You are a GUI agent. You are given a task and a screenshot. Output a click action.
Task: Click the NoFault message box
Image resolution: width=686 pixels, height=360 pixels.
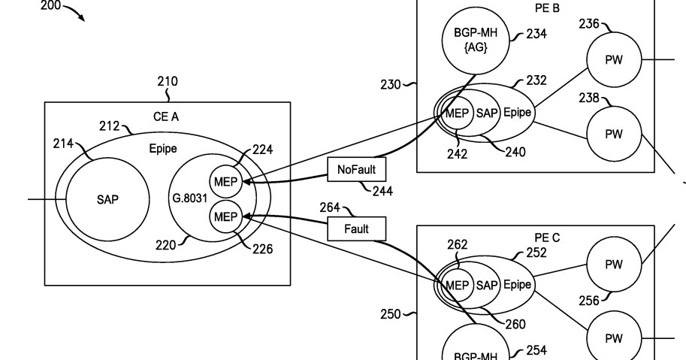point(350,170)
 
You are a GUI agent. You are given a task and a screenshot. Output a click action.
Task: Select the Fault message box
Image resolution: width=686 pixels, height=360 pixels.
point(356,228)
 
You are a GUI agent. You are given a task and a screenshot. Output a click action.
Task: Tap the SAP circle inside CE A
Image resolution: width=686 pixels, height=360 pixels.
point(107,200)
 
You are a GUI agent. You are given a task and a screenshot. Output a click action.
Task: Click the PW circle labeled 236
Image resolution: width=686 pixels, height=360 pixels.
point(614,59)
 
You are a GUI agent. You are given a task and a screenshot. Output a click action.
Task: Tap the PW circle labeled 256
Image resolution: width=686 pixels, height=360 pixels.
point(614,265)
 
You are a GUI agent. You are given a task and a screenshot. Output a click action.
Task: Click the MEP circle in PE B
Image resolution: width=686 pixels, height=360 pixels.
point(457,113)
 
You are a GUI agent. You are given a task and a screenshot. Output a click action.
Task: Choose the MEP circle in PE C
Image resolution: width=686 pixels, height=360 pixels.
point(457,286)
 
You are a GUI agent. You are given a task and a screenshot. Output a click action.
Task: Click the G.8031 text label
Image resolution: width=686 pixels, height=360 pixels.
point(188,199)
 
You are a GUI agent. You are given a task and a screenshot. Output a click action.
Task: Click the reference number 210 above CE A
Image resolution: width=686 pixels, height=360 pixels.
point(168,81)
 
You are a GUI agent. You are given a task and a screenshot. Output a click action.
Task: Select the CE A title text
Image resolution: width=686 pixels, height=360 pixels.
point(166,116)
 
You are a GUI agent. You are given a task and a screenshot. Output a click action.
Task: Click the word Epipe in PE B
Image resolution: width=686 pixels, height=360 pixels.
point(518,113)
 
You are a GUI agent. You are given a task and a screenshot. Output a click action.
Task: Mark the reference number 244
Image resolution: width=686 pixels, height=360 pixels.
point(382,192)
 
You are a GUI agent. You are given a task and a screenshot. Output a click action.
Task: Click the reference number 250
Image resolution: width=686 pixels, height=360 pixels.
point(391,314)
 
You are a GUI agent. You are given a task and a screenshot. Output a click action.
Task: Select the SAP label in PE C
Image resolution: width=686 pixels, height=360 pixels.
point(488,286)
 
